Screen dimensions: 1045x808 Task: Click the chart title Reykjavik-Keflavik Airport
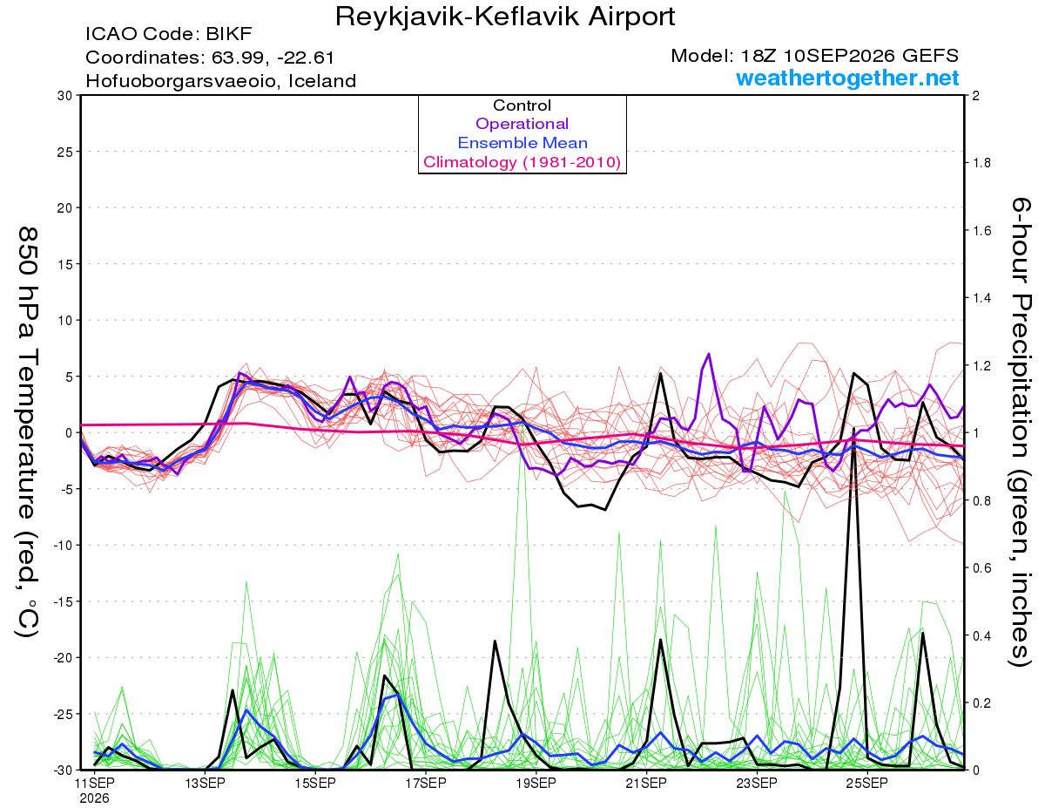click(x=505, y=17)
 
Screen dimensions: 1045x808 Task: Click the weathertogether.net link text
click(x=847, y=78)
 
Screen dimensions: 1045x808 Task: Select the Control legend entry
click(x=522, y=105)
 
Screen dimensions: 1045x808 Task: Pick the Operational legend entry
click(x=522, y=124)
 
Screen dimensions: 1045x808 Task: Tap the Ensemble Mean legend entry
click(x=522, y=143)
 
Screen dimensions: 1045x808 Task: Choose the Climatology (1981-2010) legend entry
click(x=522, y=162)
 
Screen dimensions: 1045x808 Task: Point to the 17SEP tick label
click(x=426, y=783)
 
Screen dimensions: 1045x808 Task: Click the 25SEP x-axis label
click(x=867, y=783)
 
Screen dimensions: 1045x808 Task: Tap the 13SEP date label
click(x=205, y=783)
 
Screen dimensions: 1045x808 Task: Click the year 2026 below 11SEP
click(x=94, y=799)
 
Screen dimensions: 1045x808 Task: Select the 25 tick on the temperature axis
click(x=65, y=152)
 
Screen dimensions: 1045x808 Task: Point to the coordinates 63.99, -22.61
click(x=273, y=58)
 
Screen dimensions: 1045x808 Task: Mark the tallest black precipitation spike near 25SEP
click(x=853, y=428)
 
